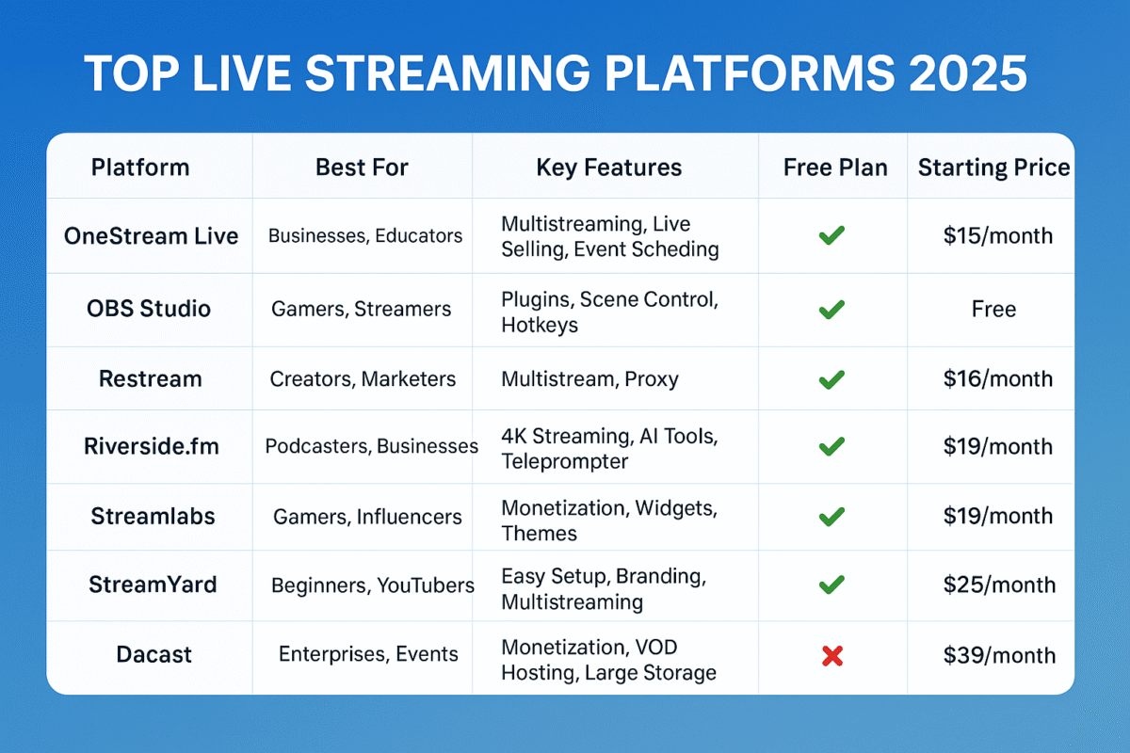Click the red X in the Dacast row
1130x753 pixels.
[x=831, y=656]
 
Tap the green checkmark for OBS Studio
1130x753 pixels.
[x=831, y=309]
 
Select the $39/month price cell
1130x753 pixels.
[x=999, y=655]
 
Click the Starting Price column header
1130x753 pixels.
[x=993, y=168]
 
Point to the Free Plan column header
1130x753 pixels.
[x=835, y=168]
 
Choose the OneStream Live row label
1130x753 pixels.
[x=151, y=236]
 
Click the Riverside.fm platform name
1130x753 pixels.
[x=152, y=446]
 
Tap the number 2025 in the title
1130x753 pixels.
[x=968, y=73]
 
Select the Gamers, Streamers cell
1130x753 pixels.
[x=362, y=309]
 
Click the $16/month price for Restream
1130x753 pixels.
[x=998, y=378]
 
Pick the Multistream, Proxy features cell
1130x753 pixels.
[x=589, y=379]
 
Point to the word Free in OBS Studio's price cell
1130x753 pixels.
[x=993, y=309]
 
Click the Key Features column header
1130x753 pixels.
[x=609, y=168]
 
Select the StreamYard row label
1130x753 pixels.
[x=153, y=585]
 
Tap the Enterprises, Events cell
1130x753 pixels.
[x=368, y=654]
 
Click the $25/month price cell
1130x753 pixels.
[x=999, y=585]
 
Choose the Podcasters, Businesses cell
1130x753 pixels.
[x=372, y=446]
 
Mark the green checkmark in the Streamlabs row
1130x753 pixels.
[x=831, y=517]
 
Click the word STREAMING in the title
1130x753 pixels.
[x=447, y=73]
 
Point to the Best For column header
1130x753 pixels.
[x=362, y=168]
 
